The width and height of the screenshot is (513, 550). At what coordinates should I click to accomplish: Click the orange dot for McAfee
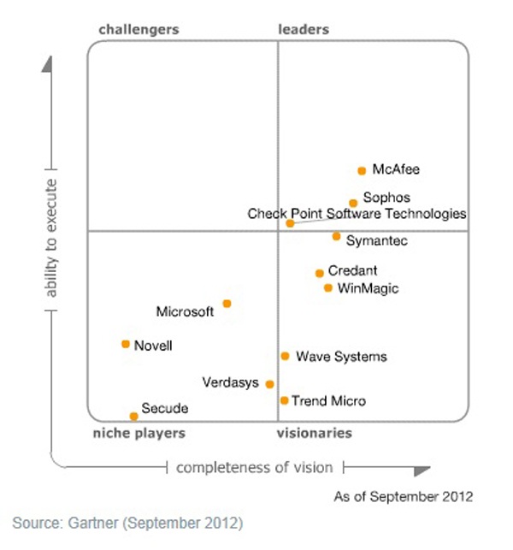coord(362,170)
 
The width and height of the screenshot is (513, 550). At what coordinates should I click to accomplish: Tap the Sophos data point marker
coord(353,204)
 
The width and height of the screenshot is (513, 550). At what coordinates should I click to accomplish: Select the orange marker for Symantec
coord(337,236)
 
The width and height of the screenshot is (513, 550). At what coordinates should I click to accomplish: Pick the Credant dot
coord(320,273)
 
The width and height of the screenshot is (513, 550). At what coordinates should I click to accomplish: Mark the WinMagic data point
coord(328,287)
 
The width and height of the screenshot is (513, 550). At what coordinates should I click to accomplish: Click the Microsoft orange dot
coord(227,303)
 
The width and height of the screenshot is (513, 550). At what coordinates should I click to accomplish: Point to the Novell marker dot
coord(126,344)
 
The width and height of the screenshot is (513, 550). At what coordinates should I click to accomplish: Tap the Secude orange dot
coord(133,417)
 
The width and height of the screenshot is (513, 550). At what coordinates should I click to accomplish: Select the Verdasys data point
coord(269,384)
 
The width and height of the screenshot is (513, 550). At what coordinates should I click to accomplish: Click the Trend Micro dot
coord(284,399)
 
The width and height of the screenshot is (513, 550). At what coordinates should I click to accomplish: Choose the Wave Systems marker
coord(285,356)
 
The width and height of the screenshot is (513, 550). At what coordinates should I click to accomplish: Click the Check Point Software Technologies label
coord(357,214)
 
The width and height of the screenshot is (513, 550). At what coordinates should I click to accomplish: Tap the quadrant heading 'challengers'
coord(139,29)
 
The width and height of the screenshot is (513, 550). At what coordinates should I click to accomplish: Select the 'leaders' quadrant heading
coord(304,29)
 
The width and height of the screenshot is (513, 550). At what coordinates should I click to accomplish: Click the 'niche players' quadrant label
coord(139,433)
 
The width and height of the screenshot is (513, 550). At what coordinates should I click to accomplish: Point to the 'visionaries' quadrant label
coord(314,433)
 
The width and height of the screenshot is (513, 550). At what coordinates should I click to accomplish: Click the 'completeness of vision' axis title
coord(254,467)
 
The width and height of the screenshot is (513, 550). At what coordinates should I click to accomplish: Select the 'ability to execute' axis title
coord(51,239)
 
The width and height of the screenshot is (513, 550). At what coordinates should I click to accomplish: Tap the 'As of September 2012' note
coord(403,496)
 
